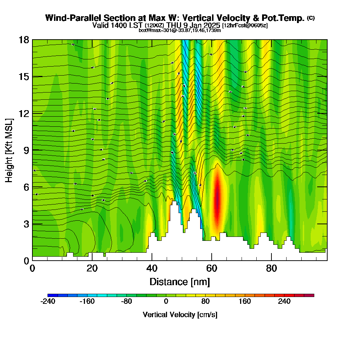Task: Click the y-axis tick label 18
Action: [24, 40]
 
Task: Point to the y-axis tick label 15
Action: [24, 77]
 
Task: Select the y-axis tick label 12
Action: [24, 113]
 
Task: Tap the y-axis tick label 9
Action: [26, 150]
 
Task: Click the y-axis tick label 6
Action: [26, 187]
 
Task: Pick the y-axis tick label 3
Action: [26, 224]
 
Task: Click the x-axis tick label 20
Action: [92, 269]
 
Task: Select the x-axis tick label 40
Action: [152, 269]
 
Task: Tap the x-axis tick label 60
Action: [212, 269]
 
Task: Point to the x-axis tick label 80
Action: [271, 269]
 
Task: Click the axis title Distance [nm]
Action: [180, 282]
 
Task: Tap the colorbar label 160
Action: [245, 302]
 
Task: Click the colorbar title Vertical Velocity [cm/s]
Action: [180, 315]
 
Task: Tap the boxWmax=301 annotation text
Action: [154, 30]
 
